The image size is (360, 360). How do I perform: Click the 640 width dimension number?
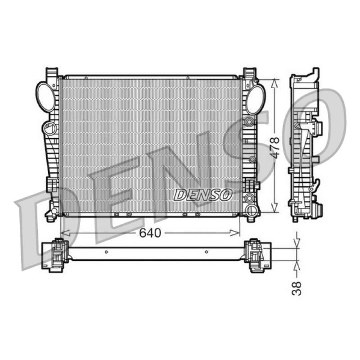coord(150,233)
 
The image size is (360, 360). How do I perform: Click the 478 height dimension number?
coord(274,148)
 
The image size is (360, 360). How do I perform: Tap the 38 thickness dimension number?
coord(297,288)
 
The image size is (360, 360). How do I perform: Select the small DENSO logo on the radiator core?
coord(203,195)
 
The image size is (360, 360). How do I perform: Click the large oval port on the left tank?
coord(46,97)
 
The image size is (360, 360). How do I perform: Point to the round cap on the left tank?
coord(49,128)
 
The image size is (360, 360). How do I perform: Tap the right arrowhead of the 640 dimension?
coord(235,233)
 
